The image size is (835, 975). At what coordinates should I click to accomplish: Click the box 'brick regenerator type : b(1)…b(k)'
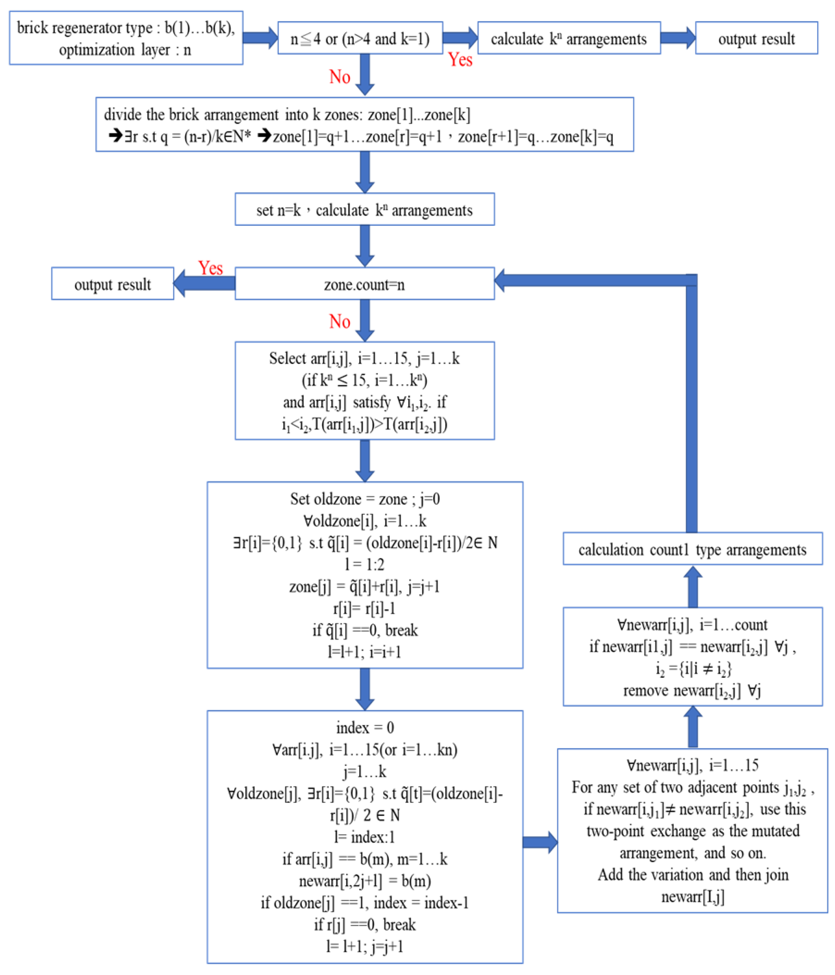126,38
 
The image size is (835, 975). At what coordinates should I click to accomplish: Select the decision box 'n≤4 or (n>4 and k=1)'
360,38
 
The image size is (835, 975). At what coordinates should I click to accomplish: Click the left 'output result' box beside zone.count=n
113,284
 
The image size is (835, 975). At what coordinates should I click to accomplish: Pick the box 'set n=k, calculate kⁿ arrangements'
364,210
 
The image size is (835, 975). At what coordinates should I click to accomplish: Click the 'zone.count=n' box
364,284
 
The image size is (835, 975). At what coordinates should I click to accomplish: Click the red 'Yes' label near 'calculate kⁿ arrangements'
460,60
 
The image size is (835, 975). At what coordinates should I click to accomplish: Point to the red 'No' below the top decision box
339,77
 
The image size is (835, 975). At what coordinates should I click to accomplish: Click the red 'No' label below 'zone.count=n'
339,322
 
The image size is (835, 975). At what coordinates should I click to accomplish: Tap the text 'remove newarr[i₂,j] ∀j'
692,690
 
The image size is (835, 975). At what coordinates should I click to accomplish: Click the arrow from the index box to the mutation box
540,842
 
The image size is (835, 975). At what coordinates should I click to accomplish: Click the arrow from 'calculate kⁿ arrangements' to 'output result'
677,38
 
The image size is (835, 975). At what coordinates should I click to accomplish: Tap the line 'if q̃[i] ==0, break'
365,630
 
